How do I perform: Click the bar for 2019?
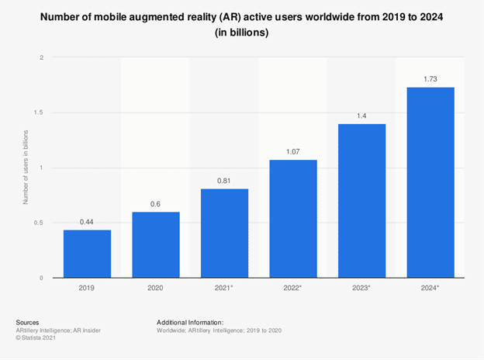click(87, 254)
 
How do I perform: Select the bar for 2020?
click(156, 244)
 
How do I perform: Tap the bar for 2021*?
click(224, 233)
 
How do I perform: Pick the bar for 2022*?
click(293, 219)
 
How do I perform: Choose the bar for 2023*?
click(361, 200)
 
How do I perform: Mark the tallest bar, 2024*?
click(430, 182)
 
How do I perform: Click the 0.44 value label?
click(87, 222)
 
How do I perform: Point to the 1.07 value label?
click(293, 152)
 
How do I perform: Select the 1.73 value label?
click(430, 80)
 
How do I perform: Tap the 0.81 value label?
click(224, 181)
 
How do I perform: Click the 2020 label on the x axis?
click(156, 287)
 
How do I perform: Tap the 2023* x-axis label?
click(361, 287)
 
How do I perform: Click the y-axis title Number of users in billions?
click(26, 168)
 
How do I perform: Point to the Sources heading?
click(28, 321)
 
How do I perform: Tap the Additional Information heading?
click(190, 321)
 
